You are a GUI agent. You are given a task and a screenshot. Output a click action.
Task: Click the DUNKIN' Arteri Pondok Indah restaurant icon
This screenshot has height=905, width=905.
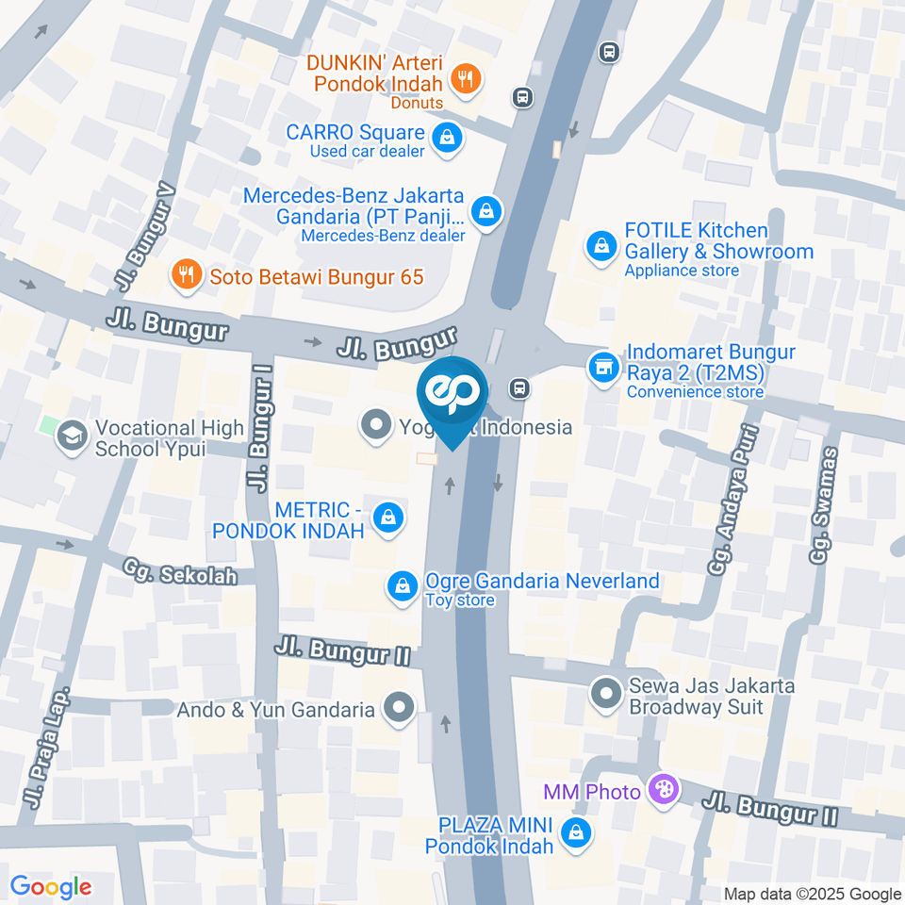[x=464, y=79]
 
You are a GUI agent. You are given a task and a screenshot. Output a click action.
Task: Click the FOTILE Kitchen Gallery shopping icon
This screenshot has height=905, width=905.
[x=600, y=248]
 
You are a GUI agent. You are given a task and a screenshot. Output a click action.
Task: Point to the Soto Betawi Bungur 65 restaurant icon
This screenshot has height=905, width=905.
[x=186, y=275]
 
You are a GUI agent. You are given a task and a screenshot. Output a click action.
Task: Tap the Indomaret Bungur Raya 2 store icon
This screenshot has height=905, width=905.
[x=601, y=368]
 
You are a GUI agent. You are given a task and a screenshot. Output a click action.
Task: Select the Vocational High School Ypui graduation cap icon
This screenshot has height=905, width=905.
[x=70, y=436]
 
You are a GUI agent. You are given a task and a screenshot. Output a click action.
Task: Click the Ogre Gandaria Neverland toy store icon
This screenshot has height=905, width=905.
[x=403, y=586]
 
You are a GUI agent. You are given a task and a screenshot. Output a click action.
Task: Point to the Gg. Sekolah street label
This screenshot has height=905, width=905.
[x=178, y=571]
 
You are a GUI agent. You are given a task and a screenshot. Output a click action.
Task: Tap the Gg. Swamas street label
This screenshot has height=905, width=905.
[x=826, y=506]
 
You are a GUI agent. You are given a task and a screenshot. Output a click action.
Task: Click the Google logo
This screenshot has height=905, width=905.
[x=51, y=887]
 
